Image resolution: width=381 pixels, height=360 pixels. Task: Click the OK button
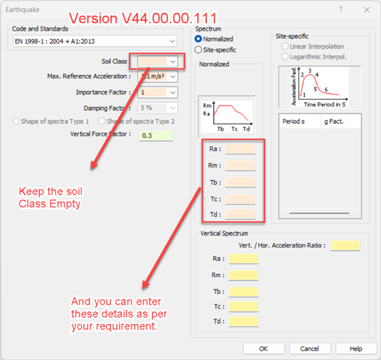pos(263,348)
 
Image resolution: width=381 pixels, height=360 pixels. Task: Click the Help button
pos(355,348)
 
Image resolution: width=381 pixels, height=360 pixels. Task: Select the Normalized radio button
pos(199,39)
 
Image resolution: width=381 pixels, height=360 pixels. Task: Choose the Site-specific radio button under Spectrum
pos(199,49)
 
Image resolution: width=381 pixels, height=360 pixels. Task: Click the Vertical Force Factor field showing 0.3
pos(156,135)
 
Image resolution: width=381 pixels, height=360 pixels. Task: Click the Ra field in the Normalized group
pos(241,149)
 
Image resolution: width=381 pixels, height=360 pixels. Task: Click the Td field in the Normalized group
pos(241,214)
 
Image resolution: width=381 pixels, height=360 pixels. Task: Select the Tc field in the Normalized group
pos(241,198)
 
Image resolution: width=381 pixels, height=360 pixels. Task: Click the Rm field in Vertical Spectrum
pos(244,275)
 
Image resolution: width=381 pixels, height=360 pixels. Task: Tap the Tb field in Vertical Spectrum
pos(244,292)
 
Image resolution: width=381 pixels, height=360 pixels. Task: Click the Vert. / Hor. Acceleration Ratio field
pos(345,245)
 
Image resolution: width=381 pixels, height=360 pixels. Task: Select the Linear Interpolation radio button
pos(284,46)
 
